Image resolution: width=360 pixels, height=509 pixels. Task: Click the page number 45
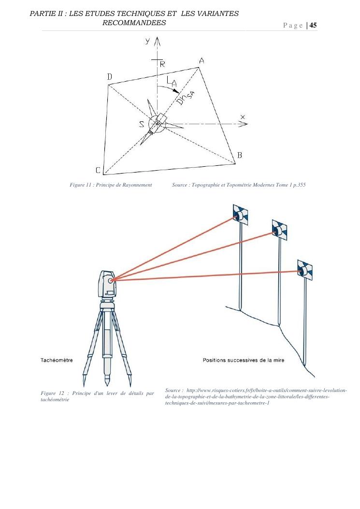point(313,25)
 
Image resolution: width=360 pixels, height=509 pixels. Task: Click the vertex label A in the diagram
point(202,60)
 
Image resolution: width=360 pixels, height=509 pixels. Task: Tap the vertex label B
point(239,155)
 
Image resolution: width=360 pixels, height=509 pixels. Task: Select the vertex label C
point(98,170)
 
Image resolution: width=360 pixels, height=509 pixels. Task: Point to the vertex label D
point(110,77)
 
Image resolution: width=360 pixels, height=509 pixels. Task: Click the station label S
point(142,124)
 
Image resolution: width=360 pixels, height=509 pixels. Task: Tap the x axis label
point(243,117)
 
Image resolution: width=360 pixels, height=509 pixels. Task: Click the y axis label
point(147,42)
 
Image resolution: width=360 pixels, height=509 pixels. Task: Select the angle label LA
point(172,83)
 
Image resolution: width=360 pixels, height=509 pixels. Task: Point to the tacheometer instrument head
point(108,284)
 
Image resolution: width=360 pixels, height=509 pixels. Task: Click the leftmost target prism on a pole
point(240,215)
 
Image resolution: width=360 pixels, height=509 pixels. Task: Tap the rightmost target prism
point(304,270)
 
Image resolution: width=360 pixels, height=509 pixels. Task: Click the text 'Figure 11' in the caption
point(81,185)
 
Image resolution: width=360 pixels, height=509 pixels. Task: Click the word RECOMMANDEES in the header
point(134,23)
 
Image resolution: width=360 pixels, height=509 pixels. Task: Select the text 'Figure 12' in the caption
point(53,393)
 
